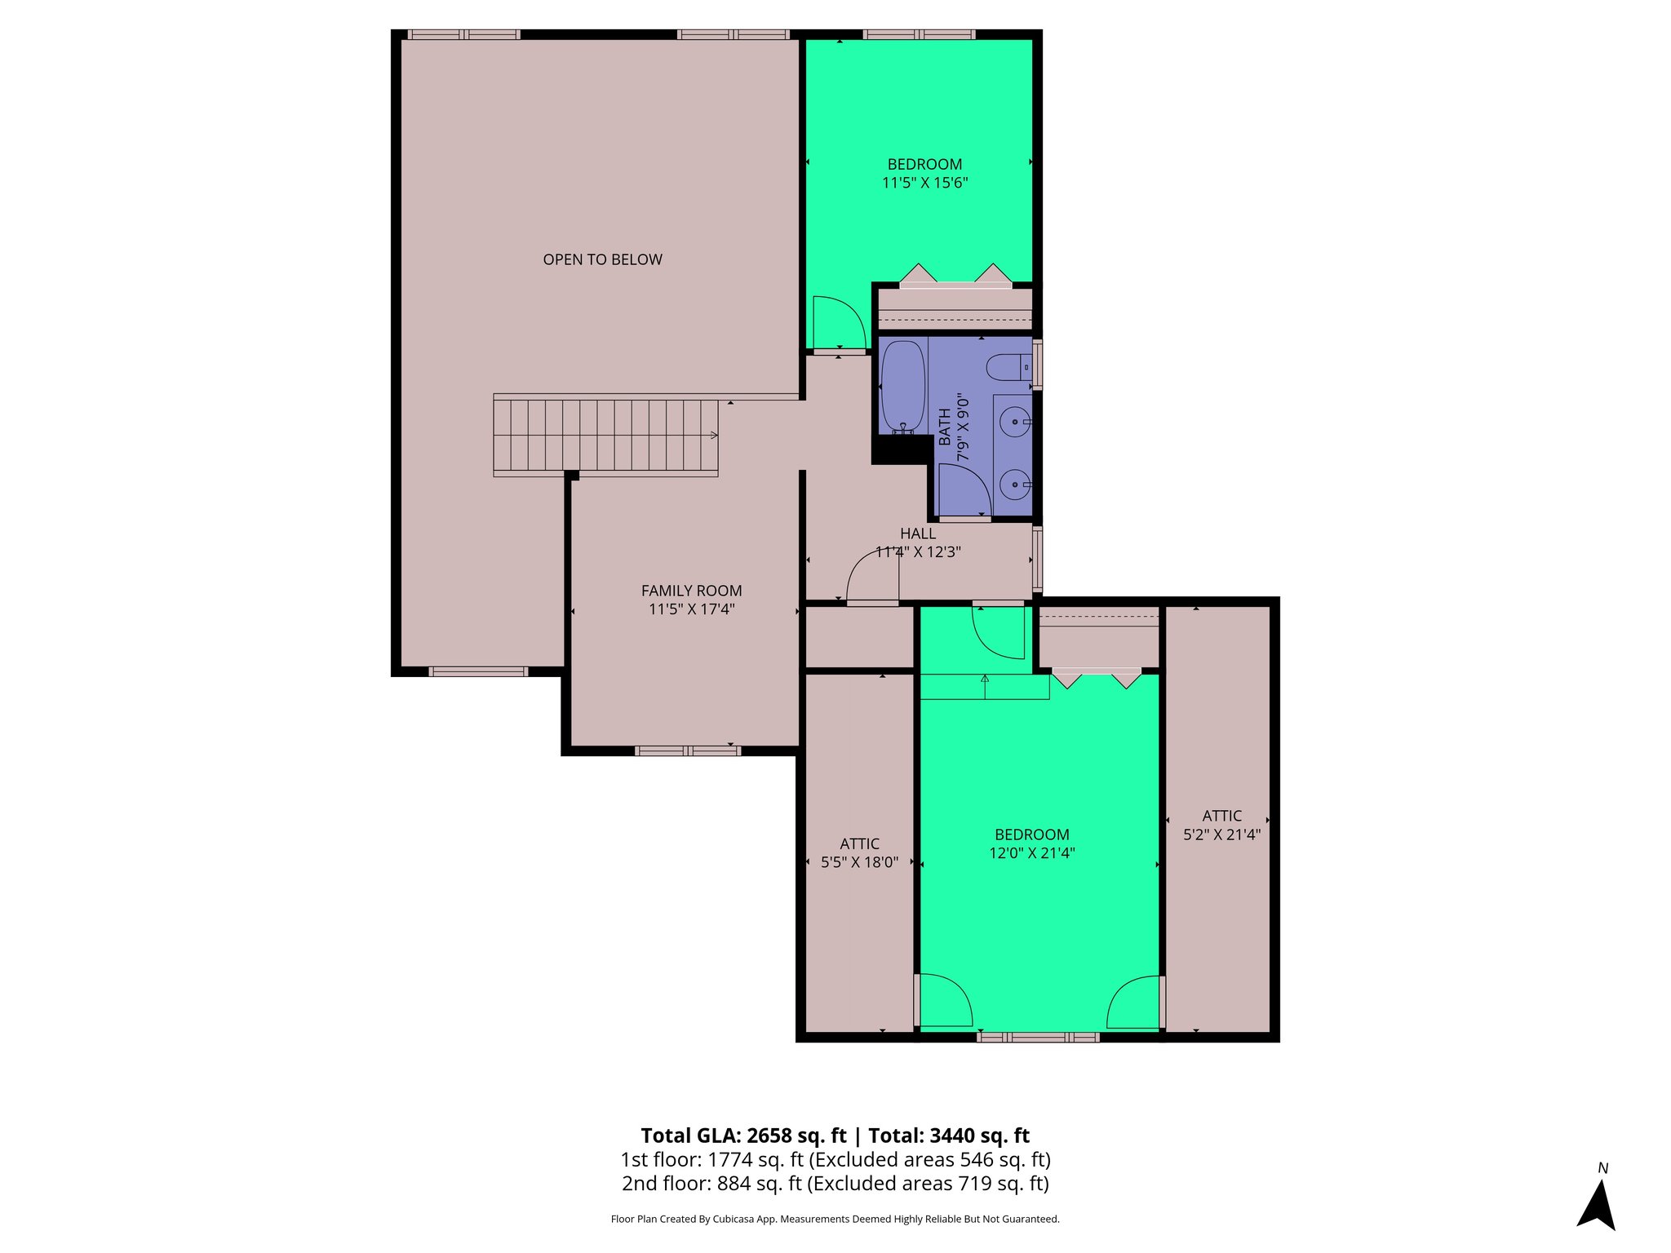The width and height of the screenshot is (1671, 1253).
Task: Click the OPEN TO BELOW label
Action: pyautogui.click(x=602, y=259)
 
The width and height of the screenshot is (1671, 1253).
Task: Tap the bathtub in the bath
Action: pyautogui.click(x=902, y=387)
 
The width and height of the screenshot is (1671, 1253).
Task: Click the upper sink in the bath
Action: pyautogui.click(x=1015, y=423)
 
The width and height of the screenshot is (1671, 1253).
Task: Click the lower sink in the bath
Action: pyautogui.click(x=1015, y=485)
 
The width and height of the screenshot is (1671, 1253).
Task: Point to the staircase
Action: pyautogui.click(x=605, y=436)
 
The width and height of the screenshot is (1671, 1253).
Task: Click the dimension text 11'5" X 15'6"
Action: pyautogui.click(x=924, y=183)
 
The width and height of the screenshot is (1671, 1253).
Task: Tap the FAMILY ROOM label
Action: pyautogui.click(x=691, y=591)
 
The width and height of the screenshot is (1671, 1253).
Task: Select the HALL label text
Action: pyautogui.click(x=918, y=534)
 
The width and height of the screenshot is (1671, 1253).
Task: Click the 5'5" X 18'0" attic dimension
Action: pyautogui.click(x=859, y=862)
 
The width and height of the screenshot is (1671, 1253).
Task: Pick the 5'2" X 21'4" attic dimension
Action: pyautogui.click(x=1221, y=835)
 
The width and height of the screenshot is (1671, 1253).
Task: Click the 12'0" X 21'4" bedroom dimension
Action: pyautogui.click(x=1031, y=853)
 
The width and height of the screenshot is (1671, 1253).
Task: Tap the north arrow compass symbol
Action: pyautogui.click(x=1597, y=1205)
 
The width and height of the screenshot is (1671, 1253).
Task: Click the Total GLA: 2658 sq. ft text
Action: pyautogui.click(x=743, y=1136)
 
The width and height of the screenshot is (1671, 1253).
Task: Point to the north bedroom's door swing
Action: pyautogui.click(x=838, y=321)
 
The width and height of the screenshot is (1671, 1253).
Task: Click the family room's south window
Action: pyautogui.click(x=687, y=750)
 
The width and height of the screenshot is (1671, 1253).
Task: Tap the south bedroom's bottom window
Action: pyautogui.click(x=1038, y=1038)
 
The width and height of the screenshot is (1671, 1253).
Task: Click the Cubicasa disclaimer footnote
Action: pyautogui.click(x=835, y=1220)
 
